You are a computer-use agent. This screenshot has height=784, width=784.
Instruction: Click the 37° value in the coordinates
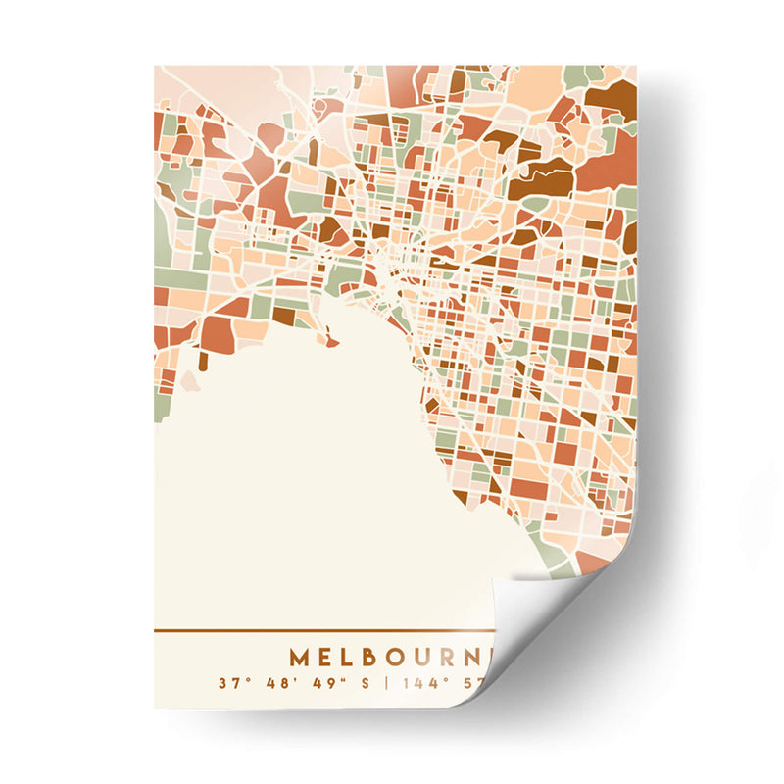coord(231,682)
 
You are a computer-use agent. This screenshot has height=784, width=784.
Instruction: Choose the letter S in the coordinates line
coord(366,682)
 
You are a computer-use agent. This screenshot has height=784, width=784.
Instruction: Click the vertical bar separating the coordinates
coord(386,682)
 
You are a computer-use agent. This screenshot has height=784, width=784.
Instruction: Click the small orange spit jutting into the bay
coord(333,342)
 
